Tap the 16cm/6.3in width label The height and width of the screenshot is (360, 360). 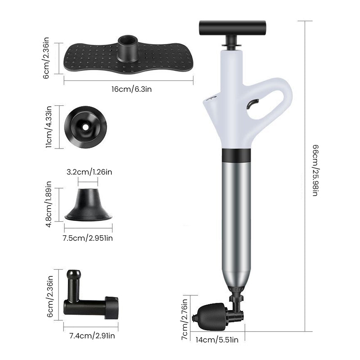(131, 89)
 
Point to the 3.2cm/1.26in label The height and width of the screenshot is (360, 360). (89, 171)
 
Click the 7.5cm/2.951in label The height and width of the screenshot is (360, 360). (88, 238)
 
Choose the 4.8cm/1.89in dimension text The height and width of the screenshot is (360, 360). (50, 204)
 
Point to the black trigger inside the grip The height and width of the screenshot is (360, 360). (252, 104)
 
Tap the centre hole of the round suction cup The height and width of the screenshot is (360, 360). (85, 127)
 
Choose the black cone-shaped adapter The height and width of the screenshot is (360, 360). (88, 205)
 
